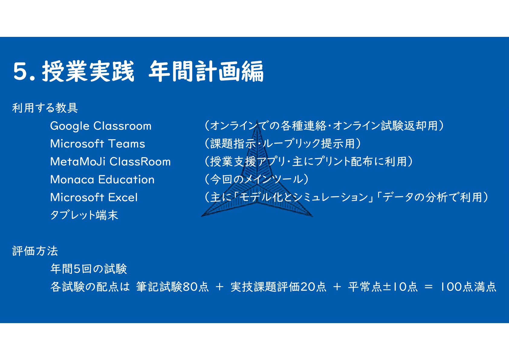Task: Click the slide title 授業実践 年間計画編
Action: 153,71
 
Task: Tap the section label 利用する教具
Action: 45,108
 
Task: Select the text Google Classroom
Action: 101,126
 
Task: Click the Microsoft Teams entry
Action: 98,144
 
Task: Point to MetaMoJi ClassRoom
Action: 110,162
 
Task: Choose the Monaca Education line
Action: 102,180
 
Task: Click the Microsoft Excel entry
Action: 94,197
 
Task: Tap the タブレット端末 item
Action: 84,215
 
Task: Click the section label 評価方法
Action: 35,251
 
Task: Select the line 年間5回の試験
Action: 89,269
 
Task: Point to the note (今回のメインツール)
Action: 257,179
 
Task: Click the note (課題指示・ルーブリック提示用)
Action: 283,144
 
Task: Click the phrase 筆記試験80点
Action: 173,287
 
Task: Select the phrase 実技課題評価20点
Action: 279,287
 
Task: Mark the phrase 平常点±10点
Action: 383,287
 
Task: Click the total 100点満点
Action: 468,287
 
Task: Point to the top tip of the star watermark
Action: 257,120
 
